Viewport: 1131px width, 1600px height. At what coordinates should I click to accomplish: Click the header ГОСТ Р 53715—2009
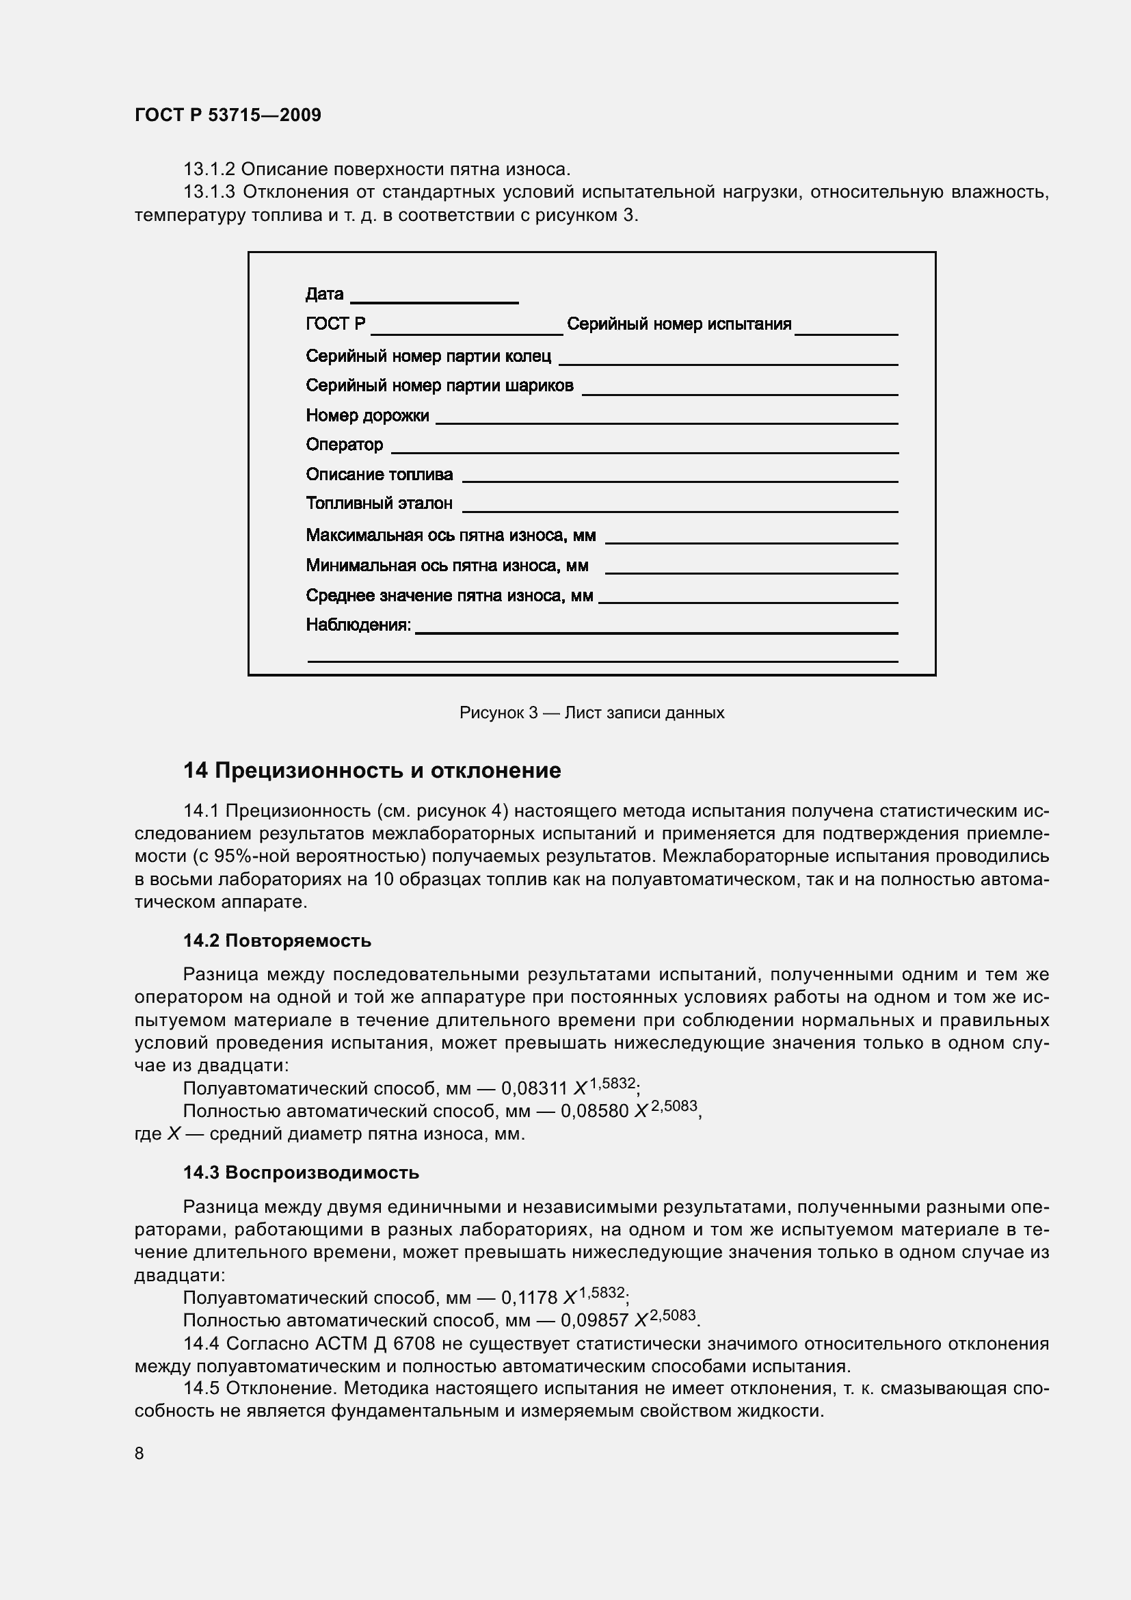coord(228,115)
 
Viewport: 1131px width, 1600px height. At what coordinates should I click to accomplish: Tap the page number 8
coord(139,1453)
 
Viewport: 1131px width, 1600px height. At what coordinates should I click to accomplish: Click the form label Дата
coord(324,294)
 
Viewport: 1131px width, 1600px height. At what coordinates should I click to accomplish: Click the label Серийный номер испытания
coord(679,324)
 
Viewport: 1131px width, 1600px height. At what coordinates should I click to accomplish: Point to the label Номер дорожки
coord(367,416)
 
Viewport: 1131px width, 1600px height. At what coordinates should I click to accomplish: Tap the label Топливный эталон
coord(379,503)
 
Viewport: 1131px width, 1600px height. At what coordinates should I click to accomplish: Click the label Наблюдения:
coord(359,625)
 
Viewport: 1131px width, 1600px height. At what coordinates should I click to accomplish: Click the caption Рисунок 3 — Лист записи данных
coord(591,713)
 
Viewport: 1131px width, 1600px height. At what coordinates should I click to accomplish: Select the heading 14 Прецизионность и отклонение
coord(372,771)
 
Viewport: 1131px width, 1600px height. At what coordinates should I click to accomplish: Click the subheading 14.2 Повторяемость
coord(277,941)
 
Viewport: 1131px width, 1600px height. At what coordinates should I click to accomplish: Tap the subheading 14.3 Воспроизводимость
coord(301,1173)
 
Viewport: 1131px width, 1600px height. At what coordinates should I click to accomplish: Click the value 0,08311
coord(534,1088)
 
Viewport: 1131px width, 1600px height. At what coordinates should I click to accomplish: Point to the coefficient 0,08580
coord(594,1112)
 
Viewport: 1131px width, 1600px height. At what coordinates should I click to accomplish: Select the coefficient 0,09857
coord(594,1320)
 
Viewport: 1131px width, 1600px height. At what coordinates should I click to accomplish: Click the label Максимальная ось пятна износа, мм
coord(451,535)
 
